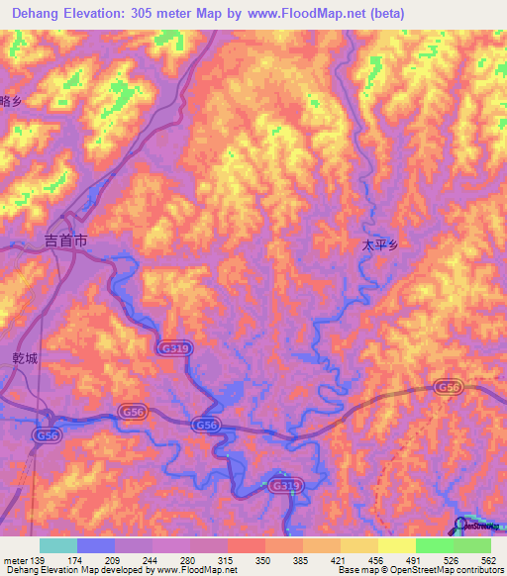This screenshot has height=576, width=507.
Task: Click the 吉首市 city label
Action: coord(66,240)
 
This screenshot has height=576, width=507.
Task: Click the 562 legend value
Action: coord(488,561)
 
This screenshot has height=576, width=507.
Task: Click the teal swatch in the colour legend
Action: coord(57,545)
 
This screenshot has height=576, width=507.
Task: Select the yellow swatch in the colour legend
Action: coord(397,545)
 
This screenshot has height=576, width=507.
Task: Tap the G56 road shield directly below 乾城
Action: coord(46,434)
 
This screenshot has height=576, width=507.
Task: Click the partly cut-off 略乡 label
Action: coord(10,101)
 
